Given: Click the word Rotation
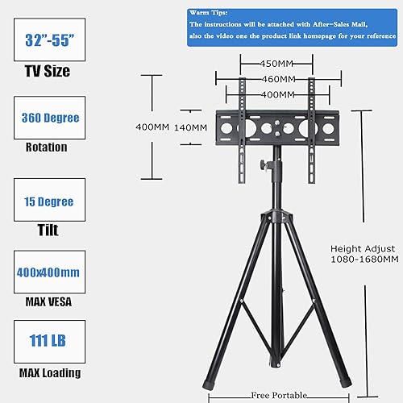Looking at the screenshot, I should [47, 147].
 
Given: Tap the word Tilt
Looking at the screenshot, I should [47, 231].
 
